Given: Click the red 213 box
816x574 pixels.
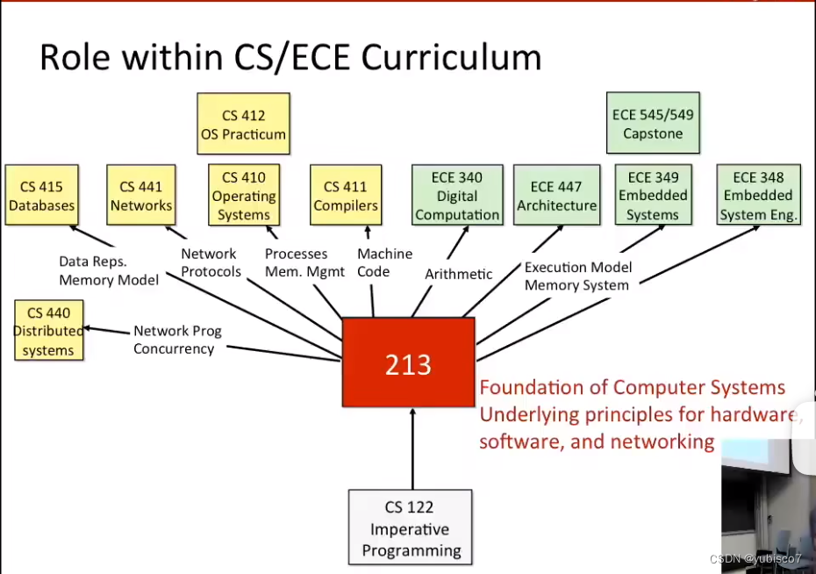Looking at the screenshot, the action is click(x=408, y=362).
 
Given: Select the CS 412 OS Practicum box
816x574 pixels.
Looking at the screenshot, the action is click(x=242, y=125).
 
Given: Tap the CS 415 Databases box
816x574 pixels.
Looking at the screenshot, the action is click(x=41, y=196).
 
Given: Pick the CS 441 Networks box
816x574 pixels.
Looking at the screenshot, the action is click(x=140, y=196).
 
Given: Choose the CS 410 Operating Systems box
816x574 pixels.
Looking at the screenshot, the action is click(x=244, y=196).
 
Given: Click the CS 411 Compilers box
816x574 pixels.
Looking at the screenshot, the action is click(x=346, y=196).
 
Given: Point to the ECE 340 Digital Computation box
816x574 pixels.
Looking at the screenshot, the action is click(x=456, y=196).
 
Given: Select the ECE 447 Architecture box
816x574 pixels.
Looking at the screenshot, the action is click(x=556, y=196).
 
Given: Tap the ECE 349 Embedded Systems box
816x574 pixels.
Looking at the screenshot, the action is click(x=653, y=196).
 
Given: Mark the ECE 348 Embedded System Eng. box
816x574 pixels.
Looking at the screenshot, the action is click(x=758, y=196).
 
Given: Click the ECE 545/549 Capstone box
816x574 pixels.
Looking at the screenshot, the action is click(x=653, y=123).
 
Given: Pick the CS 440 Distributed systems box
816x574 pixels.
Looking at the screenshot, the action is click(x=48, y=331).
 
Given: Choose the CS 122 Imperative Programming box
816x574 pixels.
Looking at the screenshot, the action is click(x=411, y=528).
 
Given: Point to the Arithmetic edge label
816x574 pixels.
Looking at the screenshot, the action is click(x=458, y=274).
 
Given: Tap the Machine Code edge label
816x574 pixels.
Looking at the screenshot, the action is click(x=384, y=262).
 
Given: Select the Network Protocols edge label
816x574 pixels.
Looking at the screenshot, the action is click(x=211, y=262).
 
